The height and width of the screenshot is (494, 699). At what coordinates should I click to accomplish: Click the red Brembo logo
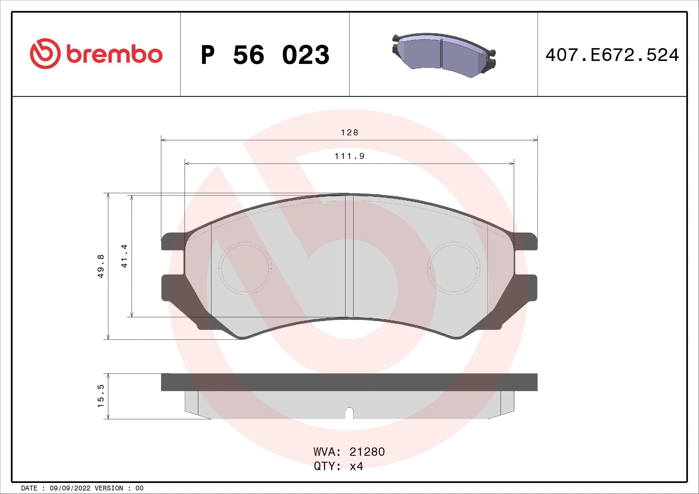[96, 54]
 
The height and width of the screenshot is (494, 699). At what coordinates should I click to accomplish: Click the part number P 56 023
[265, 55]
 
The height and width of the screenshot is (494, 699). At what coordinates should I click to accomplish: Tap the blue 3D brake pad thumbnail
[443, 55]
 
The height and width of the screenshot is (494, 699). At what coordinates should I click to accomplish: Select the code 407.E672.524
[612, 55]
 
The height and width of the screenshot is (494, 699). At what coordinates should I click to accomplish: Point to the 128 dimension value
[349, 133]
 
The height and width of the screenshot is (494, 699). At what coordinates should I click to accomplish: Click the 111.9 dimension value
[349, 156]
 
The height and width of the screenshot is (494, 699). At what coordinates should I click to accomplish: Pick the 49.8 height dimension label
[101, 266]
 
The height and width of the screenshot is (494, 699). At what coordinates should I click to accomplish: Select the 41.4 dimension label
[124, 256]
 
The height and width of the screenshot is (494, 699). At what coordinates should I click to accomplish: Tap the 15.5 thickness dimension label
[101, 396]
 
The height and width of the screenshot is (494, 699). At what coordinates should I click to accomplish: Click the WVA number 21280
[367, 452]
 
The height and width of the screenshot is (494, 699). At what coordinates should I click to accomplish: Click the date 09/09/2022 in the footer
[70, 488]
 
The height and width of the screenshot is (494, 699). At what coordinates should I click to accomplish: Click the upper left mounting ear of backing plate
[172, 241]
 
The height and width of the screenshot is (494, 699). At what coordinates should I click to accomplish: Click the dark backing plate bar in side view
[349, 382]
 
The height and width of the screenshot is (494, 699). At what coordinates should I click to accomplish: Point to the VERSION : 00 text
[119, 488]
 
